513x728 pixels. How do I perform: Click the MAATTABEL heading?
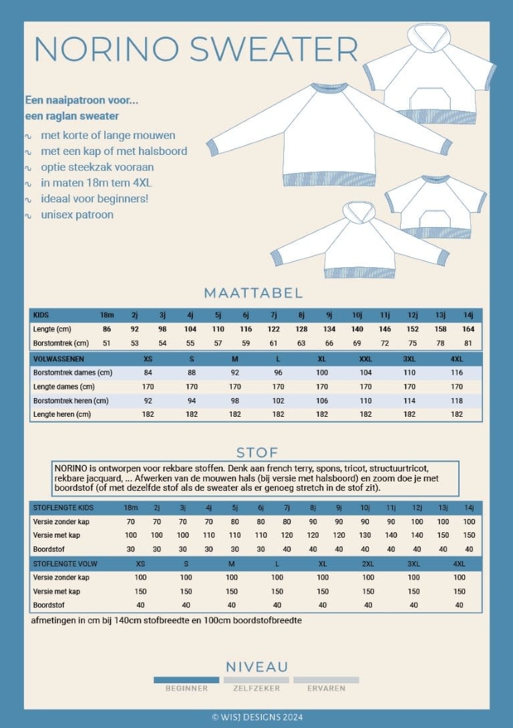pos(253,293)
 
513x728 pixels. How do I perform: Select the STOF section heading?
pos(256,453)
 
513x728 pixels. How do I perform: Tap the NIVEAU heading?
pos(256,667)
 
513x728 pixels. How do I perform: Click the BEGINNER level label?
pos(186,688)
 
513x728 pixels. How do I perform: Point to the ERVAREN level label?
pos(326,688)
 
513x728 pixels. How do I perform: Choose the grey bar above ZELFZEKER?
pos(256,680)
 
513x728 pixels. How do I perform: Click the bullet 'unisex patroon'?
pos(77,215)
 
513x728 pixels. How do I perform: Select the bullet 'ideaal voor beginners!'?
pos(94,199)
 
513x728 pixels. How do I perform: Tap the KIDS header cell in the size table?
pos(41,315)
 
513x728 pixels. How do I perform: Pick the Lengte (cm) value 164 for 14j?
pos(468,329)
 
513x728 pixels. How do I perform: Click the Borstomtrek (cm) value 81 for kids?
pos(468,343)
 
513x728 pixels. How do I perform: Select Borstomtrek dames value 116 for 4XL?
pos(457,372)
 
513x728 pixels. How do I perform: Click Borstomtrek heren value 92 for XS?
pos(148,401)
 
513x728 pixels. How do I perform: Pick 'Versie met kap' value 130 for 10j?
pos(365,535)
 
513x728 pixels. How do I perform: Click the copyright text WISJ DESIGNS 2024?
pos(256,717)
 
